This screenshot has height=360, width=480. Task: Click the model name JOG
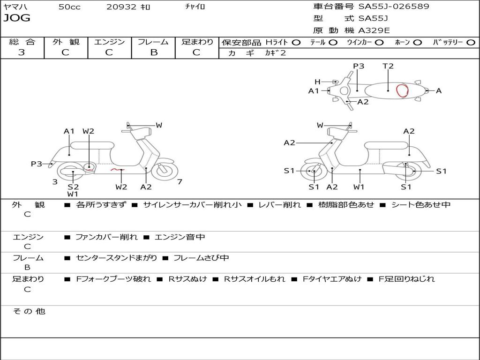17,18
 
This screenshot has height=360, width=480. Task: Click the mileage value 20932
121,7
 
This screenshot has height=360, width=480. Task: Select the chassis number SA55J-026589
394,7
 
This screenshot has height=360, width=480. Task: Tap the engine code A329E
374,31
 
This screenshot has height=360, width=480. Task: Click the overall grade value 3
22,52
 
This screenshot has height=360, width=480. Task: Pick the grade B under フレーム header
153,52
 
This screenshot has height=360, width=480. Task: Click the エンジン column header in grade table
109,42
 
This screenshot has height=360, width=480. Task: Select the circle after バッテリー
471,43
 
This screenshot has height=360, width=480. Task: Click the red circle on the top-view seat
402,90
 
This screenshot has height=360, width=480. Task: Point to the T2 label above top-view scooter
388,66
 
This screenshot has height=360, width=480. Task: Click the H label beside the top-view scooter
317,82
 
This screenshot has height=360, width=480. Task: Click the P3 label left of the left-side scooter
37,164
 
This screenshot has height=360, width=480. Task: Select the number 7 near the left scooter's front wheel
180,182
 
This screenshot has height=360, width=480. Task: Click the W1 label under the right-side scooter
359,187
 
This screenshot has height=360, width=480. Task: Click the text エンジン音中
180,237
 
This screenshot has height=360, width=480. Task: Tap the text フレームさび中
201,258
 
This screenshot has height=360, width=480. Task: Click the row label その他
29,311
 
